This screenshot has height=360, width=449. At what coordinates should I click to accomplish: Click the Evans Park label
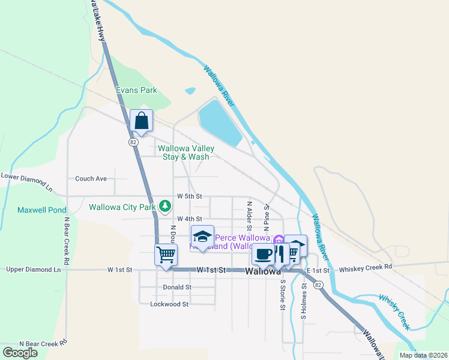136,91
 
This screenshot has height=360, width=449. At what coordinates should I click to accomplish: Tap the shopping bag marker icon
141,121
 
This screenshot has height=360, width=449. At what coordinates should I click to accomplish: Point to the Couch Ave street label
91,178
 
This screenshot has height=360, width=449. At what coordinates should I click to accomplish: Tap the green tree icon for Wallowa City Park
165,207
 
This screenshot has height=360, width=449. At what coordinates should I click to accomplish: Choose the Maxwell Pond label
41,211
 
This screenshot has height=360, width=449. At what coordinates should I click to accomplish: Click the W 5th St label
190,196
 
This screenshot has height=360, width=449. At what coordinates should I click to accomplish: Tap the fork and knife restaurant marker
280,254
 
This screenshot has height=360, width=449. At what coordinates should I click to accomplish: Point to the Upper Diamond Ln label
34,270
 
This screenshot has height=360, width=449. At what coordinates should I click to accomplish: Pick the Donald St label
176,287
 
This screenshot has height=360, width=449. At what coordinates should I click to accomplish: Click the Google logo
20,352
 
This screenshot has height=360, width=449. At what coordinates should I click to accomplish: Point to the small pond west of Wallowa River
190,91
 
